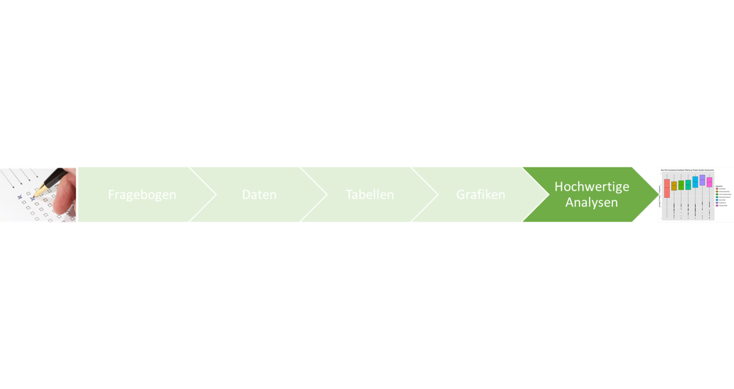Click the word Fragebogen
point(142,195)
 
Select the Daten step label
point(259,195)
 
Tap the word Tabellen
point(370,195)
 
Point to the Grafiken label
point(480,195)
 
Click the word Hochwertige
point(592,186)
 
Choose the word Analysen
point(591,203)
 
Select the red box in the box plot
point(667,188)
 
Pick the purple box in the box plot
point(702,180)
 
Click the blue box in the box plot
point(695,182)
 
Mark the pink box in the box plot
point(709,182)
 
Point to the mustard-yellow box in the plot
point(674,186)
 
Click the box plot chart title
point(687,170)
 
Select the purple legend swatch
point(717,203)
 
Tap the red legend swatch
point(717,189)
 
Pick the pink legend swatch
point(717,205)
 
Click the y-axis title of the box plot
point(660,195)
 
